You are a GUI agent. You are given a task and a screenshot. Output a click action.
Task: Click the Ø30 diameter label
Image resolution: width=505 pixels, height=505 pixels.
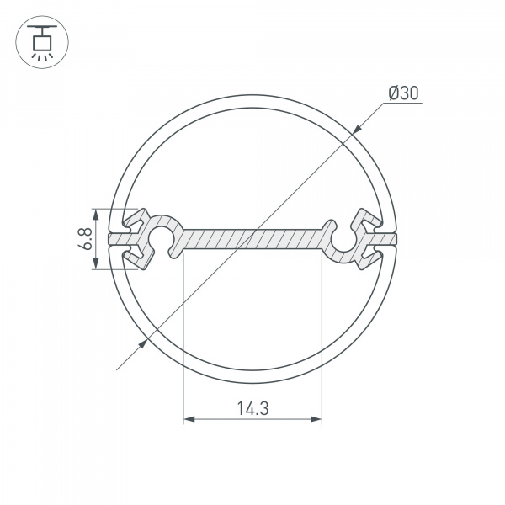403,94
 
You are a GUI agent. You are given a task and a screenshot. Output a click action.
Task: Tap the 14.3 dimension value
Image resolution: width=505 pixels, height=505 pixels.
252,409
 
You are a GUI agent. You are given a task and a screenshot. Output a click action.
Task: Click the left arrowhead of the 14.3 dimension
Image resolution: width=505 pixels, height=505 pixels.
189,418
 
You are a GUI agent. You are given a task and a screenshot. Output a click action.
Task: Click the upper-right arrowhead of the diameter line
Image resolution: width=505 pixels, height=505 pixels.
358,129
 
